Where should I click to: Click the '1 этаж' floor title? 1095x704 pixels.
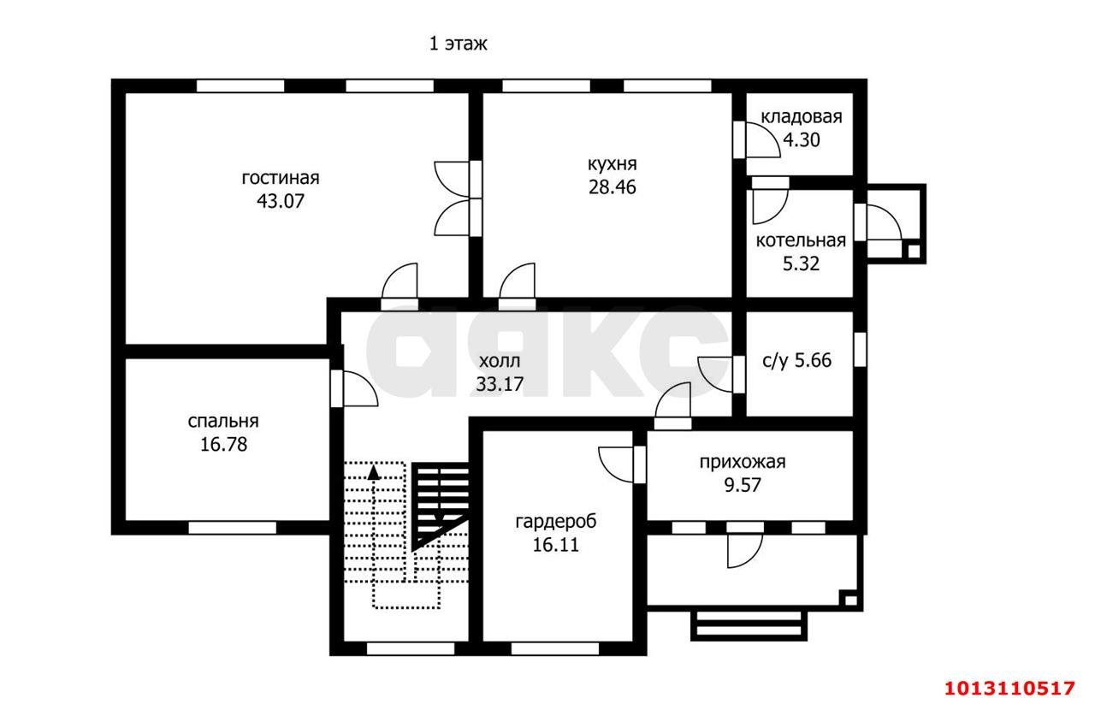pos(458,44)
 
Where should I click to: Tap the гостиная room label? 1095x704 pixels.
pos(280,177)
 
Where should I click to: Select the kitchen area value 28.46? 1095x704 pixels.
pos(612,187)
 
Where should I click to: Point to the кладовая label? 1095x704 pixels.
pos(802,117)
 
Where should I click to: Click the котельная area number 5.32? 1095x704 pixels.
pos(801,264)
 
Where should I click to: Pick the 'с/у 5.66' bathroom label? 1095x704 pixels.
pos(796,361)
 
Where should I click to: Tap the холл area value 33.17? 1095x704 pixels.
pos(500,384)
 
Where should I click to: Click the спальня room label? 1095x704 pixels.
pos(223,422)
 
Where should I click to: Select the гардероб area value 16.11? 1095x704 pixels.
pos(556,545)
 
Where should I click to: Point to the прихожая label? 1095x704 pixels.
pos(743,462)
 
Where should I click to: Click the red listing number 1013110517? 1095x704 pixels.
pos(1009,689)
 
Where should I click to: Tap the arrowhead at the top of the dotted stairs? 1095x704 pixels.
pos(374,472)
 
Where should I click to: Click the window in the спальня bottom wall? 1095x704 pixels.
pos(232,528)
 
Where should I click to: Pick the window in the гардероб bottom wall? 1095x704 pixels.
pos(555,648)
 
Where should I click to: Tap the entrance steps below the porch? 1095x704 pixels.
pos(749,625)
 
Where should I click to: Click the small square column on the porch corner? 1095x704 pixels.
pos(850,600)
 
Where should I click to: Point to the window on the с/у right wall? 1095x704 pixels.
pos(860,349)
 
